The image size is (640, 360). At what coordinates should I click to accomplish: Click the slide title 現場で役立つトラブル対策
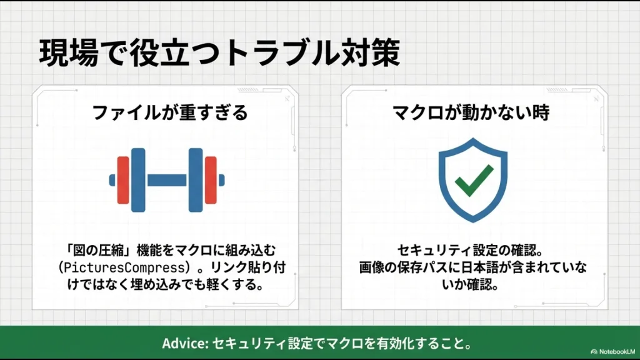[x=219, y=54]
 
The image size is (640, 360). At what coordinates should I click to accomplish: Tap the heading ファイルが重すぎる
[x=170, y=113]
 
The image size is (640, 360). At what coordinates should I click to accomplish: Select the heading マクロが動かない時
[x=471, y=113]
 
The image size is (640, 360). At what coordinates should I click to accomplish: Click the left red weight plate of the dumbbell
[x=123, y=180]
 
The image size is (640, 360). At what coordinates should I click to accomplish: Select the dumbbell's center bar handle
[x=167, y=180]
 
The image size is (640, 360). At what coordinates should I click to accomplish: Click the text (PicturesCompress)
[x=111, y=268]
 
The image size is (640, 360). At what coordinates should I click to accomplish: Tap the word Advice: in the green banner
[x=184, y=344]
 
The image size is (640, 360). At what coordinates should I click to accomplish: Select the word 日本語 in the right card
[x=501, y=267]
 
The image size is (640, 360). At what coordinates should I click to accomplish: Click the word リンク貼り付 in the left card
[x=257, y=268]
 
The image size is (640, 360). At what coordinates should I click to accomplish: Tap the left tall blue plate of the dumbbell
[x=138, y=180]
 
